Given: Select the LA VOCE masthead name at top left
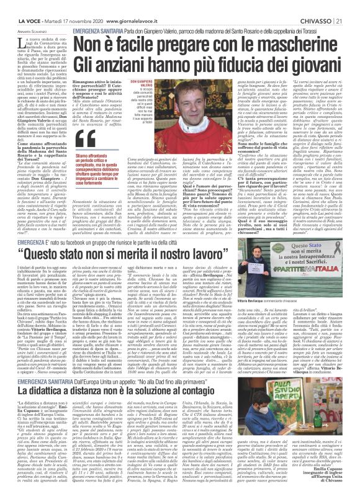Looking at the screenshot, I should click(x=14, y=6).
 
